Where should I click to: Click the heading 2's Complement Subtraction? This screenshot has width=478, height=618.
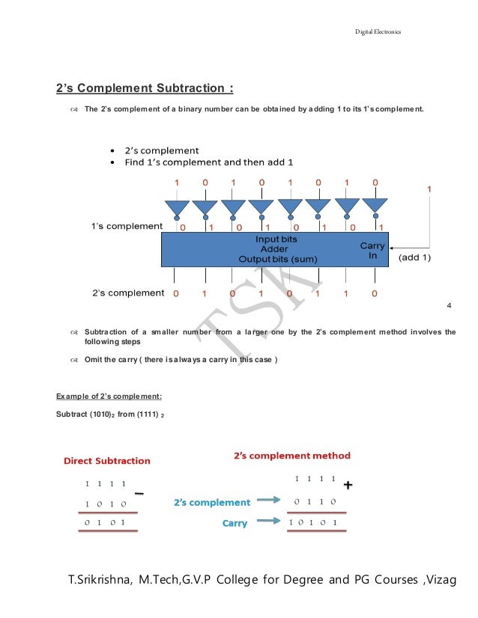145,88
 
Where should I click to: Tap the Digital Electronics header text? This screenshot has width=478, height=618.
378,31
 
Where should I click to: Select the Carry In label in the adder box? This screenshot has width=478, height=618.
372,250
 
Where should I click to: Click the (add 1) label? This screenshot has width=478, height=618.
414,256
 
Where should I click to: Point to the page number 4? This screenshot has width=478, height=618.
448,306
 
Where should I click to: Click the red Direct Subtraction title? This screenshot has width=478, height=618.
106,461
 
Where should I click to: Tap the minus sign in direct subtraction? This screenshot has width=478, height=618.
139,493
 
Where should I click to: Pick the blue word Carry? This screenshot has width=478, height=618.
235,523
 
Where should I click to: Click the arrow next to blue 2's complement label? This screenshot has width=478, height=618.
269,502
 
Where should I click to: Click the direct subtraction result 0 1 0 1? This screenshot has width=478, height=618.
105,522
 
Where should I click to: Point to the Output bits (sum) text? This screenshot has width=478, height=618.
278,259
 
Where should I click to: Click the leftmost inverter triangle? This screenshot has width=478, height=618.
178,206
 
